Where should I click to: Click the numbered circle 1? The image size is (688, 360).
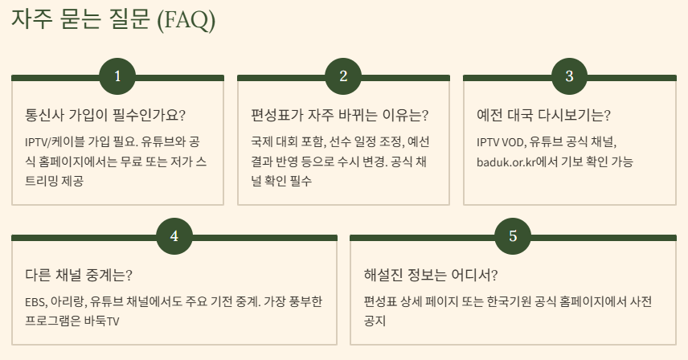[x=117, y=77]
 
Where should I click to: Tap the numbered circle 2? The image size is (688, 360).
[x=343, y=77]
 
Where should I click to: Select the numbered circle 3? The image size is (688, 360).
[x=569, y=77]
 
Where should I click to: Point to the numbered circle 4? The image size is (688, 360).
[x=174, y=236]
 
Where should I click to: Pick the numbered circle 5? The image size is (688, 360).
[x=513, y=236]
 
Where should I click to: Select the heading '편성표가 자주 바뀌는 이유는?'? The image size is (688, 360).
[x=339, y=115]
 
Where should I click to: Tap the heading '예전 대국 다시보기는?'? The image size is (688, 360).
[x=543, y=115]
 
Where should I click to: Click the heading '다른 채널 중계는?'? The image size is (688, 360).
[x=79, y=275]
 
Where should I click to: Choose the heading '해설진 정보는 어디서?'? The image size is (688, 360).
[x=431, y=275]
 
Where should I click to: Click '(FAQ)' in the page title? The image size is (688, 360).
[x=186, y=20]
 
